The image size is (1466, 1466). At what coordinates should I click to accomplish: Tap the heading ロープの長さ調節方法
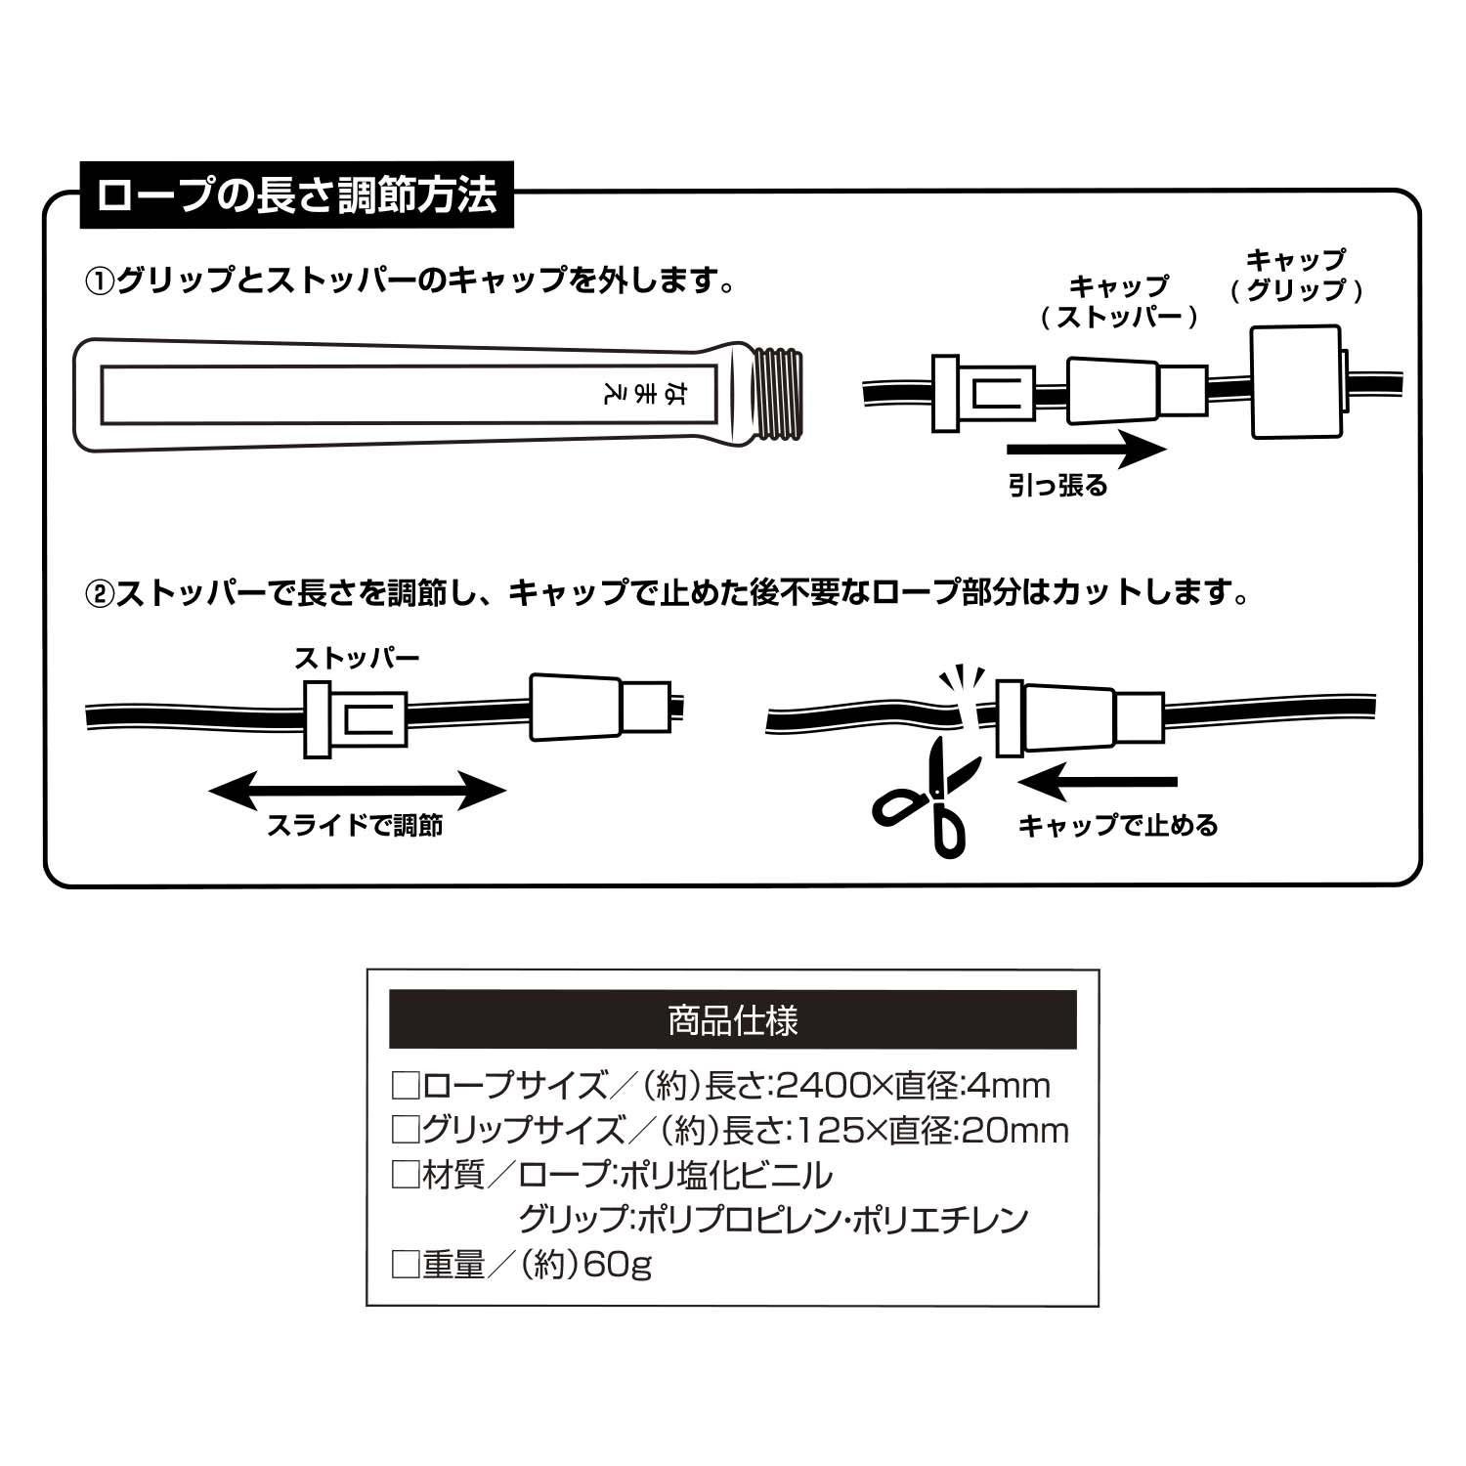[x=297, y=194]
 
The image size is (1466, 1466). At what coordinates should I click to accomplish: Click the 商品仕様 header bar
[x=732, y=1019]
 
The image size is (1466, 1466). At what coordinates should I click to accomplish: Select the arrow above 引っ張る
[x=1085, y=451]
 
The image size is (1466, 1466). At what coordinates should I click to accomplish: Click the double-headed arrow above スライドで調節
[x=357, y=791]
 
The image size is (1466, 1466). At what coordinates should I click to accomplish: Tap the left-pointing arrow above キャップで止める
[x=1097, y=782]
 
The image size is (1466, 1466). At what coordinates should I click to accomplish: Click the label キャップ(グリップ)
[x=1296, y=275]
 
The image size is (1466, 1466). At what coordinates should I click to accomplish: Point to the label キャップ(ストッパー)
[x=1118, y=301]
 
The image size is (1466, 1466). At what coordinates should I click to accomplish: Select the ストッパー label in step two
[x=357, y=658]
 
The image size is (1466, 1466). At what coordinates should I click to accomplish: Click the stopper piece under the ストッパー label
[x=354, y=718]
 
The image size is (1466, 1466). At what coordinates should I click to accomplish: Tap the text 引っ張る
[x=1057, y=486]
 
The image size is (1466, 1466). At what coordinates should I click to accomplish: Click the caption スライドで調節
[x=355, y=826]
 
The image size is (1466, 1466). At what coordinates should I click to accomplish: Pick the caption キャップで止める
[x=1118, y=826]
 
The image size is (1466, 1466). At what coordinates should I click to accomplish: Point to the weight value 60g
[x=617, y=1265]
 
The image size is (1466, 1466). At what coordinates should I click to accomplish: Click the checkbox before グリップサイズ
[x=405, y=1130]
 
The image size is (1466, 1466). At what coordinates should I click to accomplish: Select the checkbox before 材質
[x=405, y=1175]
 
